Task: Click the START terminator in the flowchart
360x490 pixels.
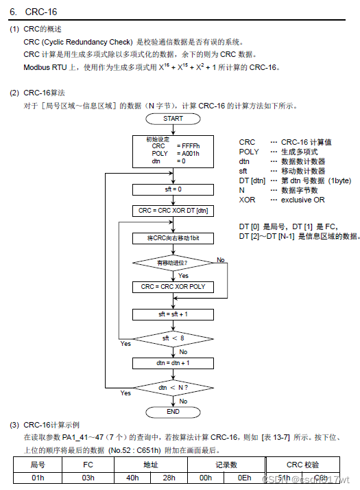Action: coord(173,118)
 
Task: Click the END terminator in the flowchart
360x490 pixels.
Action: coord(173,412)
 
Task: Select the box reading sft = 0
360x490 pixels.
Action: coord(173,188)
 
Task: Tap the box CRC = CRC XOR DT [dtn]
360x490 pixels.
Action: coord(173,211)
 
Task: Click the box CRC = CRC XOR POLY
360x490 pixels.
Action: coord(173,287)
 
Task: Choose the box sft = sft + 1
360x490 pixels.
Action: coord(173,314)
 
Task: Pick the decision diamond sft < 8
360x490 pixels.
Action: coord(173,338)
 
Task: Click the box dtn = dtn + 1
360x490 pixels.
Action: coord(173,362)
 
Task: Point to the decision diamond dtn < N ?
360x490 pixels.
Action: coord(173,388)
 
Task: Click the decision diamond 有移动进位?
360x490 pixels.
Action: coord(173,263)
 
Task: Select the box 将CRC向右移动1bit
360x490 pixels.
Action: coord(173,237)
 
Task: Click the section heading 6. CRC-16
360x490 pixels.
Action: coord(34,12)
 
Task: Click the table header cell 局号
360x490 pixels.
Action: coord(38,465)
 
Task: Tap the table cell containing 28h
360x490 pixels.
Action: coord(169,478)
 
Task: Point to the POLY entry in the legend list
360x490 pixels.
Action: coord(249,152)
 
